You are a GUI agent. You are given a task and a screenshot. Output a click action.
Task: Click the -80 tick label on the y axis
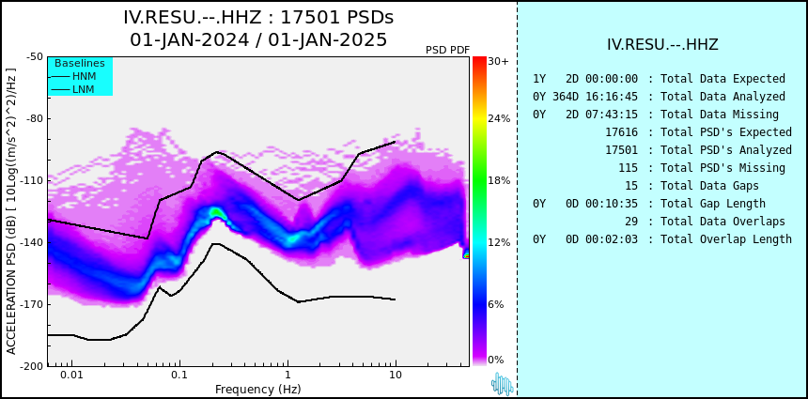(x=35, y=119)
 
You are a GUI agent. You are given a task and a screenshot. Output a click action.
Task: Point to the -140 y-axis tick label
(x=33, y=242)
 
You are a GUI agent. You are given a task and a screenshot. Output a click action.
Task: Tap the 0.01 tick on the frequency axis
(x=72, y=375)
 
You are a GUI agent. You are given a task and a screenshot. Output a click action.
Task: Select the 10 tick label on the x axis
(x=396, y=375)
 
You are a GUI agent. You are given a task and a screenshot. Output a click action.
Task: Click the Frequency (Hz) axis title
(x=257, y=389)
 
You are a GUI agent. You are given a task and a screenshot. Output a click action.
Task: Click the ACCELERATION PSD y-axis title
(x=11, y=211)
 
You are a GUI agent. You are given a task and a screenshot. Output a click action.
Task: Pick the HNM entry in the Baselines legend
(x=84, y=77)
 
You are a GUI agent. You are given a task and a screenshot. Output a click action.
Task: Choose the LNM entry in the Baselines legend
(x=84, y=89)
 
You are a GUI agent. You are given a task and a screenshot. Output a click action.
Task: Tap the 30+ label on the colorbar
(x=498, y=61)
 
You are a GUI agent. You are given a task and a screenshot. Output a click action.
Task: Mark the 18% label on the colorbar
(x=499, y=180)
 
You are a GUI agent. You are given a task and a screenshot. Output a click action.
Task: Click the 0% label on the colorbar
(x=496, y=360)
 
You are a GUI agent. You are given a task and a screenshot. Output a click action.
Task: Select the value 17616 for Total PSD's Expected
(x=621, y=132)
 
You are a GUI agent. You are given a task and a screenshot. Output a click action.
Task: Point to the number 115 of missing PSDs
(x=628, y=168)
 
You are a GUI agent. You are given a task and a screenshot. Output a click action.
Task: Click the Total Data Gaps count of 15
(x=630, y=185)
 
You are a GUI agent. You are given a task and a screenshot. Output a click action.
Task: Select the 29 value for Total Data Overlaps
(x=630, y=222)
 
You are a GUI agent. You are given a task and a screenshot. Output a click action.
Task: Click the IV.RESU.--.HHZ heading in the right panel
(x=662, y=45)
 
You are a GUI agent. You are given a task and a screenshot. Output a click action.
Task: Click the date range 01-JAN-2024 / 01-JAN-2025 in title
(x=258, y=39)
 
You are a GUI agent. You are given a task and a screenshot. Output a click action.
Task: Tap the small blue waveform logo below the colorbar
(x=502, y=384)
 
